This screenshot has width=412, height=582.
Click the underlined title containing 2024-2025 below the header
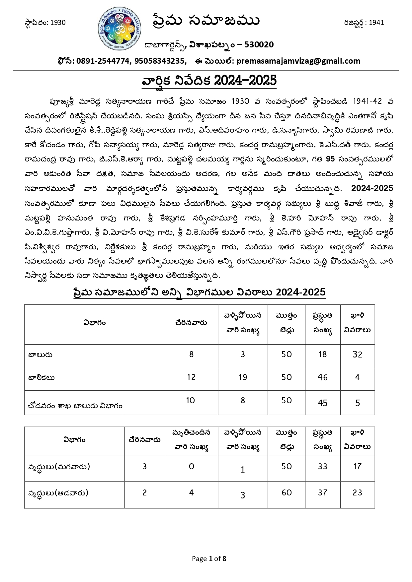click(209, 81)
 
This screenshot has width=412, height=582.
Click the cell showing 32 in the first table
click(357, 355)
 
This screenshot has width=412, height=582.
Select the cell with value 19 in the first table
click(243, 377)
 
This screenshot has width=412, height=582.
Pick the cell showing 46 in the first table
click(322, 377)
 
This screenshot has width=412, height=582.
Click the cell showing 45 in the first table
click(322, 403)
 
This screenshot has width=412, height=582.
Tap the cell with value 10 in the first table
click(191, 401)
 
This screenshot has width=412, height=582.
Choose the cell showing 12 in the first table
click(191, 377)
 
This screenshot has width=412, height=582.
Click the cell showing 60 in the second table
click(287, 493)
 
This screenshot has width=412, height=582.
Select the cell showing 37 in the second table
click(322, 493)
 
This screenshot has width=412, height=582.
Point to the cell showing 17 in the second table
click(357, 467)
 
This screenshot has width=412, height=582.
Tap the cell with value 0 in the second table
click(191, 467)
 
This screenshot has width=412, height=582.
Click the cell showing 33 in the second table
click(322, 467)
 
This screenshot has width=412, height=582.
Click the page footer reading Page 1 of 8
click(209, 559)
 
